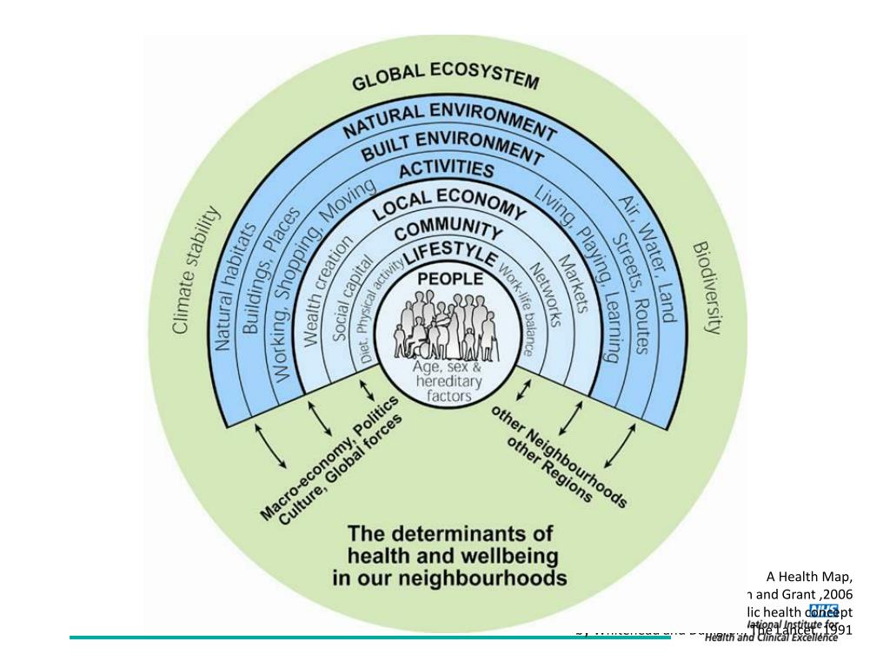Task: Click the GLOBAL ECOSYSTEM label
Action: [x=445, y=78]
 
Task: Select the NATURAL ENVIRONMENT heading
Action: [x=448, y=122]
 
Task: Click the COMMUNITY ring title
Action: [x=448, y=231]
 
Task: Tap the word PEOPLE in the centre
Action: [x=450, y=279]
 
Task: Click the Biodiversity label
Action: [x=706, y=287]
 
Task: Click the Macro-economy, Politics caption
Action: [x=329, y=459]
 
